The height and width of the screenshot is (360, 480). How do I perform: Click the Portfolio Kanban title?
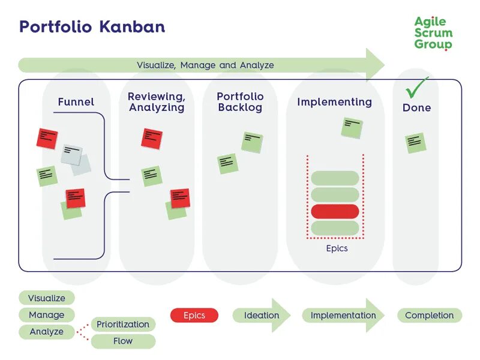(x=92, y=27)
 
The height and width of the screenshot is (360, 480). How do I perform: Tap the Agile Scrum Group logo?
(x=433, y=33)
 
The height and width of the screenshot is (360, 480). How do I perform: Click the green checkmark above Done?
(x=416, y=87)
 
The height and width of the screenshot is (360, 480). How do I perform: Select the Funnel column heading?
(x=76, y=101)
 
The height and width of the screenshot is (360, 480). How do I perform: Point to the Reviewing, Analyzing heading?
(x=157, y=102)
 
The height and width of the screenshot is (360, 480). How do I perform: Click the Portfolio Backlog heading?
(x=241, y=102)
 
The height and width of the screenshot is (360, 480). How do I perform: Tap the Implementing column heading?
(x=335, y=102)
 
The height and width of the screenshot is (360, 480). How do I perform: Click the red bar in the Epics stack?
(x=335, y=212)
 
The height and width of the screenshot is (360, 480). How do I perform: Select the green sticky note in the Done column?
(x=416, y=143)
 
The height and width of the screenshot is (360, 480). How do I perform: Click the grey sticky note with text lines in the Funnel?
(x=71, y=155)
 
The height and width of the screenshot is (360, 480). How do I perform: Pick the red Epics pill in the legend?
(x=194, y=316)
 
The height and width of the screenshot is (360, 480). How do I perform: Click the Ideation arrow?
(x=262, y=316)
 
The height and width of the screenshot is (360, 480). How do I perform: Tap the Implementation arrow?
(x=343, y=316)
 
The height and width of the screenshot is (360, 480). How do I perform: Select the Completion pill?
(x=430, y=316)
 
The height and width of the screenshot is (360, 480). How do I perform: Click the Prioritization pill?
(x=123, y=324)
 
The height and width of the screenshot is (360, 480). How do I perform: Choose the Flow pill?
(x=123, y=341)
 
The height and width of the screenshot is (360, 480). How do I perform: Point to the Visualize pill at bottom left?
(x=47, y=298)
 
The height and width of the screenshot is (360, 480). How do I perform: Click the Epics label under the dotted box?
(x=337, y=248)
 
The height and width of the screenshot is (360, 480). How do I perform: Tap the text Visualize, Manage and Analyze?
(x=205, y=65)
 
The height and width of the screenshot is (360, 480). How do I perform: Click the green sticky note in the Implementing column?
(x=352, y=128)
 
